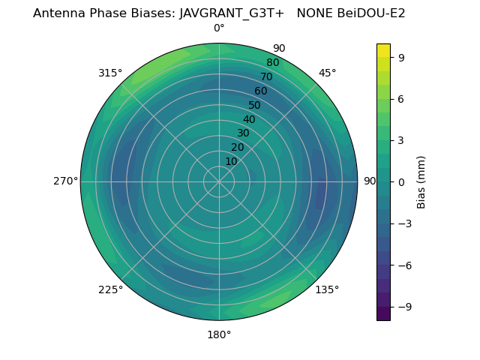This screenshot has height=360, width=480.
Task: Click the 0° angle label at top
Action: click(x=219, y=28)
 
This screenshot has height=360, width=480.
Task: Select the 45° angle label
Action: click(x=327, y=73)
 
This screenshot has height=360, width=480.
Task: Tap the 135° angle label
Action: click(x=327, y=289)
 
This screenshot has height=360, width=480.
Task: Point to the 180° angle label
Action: click(x=219, y=334)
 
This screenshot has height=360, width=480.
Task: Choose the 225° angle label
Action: click(x=110, y=289)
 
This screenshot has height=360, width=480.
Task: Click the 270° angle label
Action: click(x=65, y=181)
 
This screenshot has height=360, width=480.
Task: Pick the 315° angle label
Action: click(x=110, y=73)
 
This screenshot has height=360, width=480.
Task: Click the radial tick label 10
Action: click(x=231, y=161)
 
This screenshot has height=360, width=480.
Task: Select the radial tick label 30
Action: click(x=243, y=133)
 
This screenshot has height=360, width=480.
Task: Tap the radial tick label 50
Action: click(x=255, y=106)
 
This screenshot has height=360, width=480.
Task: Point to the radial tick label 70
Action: click(x=266, y=77)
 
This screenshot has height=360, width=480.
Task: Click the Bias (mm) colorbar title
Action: click(x=421, y=181)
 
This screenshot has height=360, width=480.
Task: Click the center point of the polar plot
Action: click(x=219, y=181)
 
